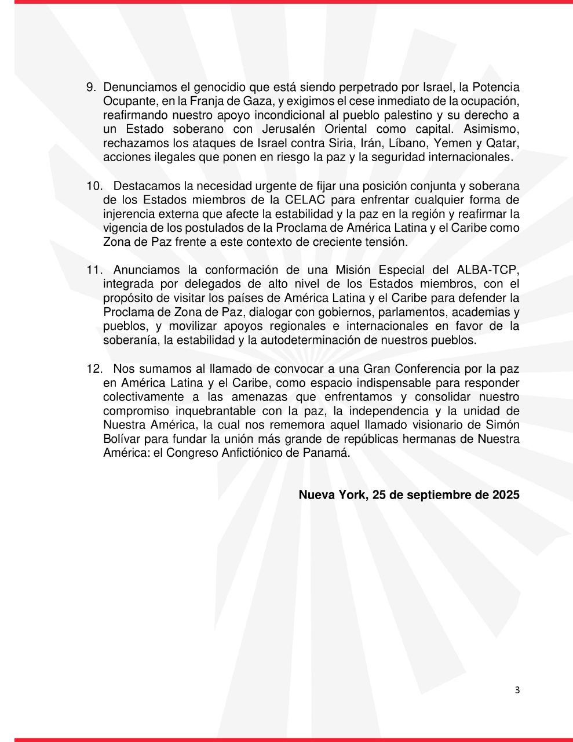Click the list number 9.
[91, 88]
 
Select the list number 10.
[94, 186]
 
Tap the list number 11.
[94, 270]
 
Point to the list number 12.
[94, 369]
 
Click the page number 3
[517, 690]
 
